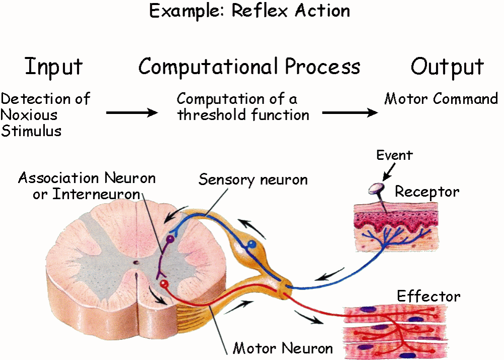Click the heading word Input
pos(53,67)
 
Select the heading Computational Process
pos(249,67)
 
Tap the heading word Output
pos(447,67)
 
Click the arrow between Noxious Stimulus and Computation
pos(132,113)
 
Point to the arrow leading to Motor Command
pos(350,113)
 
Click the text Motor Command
pos(441,99)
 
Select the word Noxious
pos(29,114)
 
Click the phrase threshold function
pos(243,115)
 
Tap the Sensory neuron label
pos(253,179)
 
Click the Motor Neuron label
pos(283,348)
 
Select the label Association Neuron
pos(87,178)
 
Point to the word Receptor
pos(427,192)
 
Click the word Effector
pos(428,296)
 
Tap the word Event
pos(394,155)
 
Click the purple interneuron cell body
pos(170,238)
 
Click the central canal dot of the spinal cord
pos(135,263)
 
